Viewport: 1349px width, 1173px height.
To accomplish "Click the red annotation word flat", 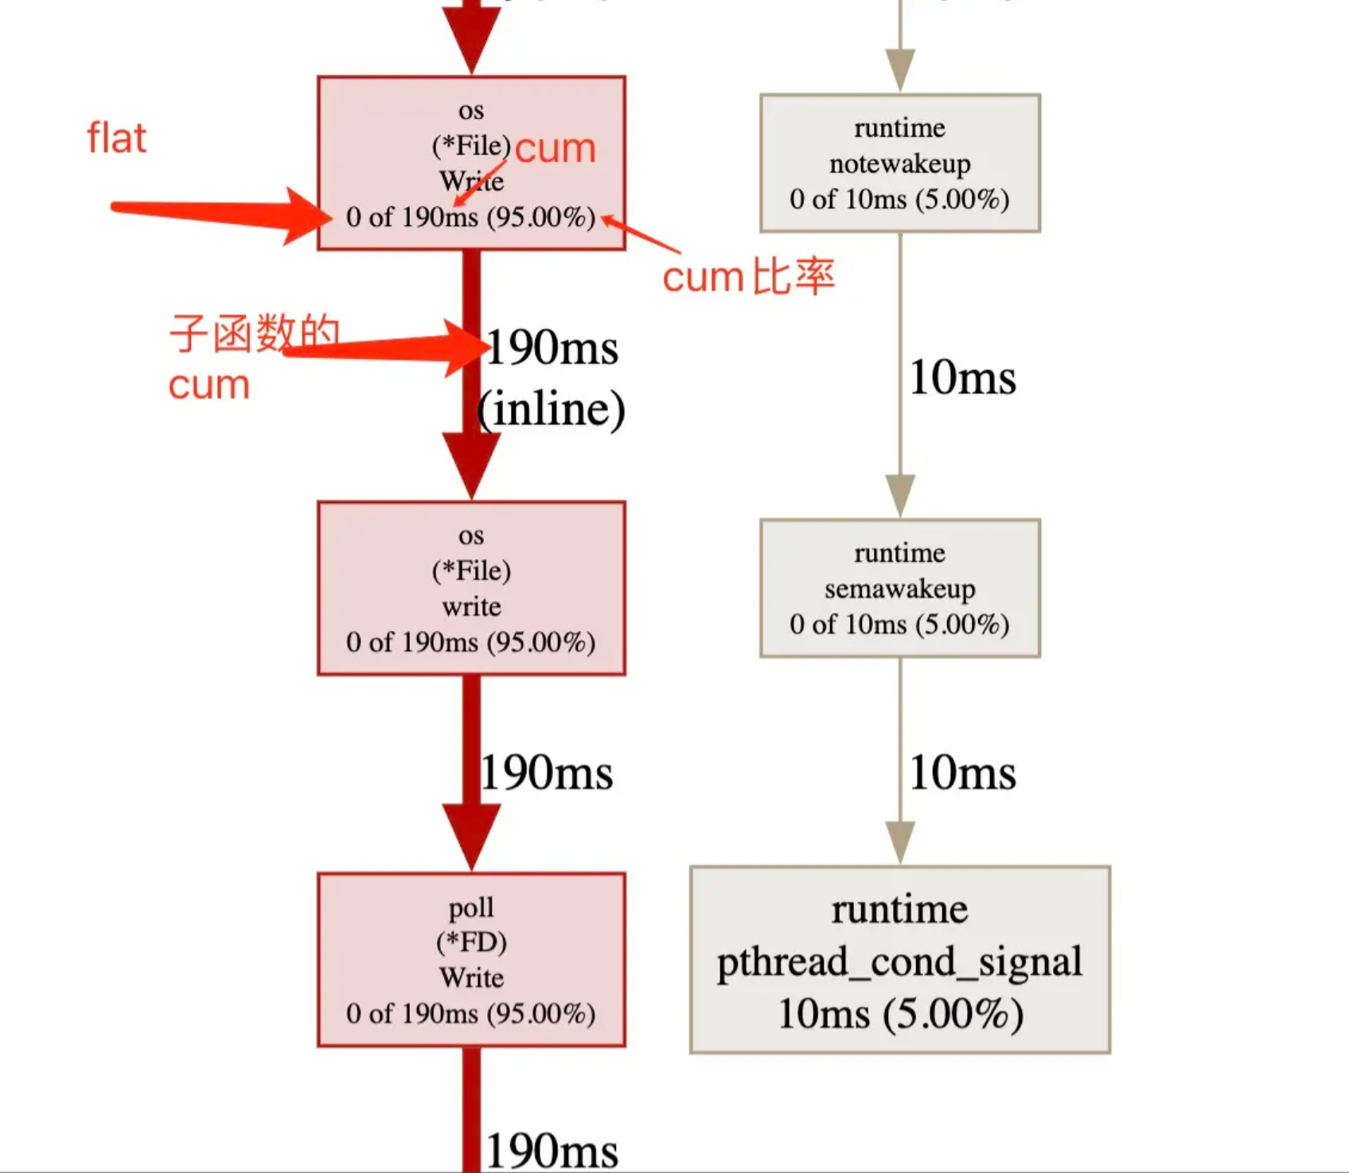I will point(116,138).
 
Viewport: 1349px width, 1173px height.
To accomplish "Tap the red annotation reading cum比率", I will point(748,277).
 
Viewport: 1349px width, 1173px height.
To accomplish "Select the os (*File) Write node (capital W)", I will point(471,163).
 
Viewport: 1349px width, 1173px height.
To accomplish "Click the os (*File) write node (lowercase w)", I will point(471,588).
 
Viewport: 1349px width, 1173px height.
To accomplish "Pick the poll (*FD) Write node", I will point(471,960).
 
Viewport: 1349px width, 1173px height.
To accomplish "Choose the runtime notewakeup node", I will point(900,163).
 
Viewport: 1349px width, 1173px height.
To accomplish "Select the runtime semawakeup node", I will point(900,588).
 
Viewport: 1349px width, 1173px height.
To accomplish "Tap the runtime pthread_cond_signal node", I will point(900,960).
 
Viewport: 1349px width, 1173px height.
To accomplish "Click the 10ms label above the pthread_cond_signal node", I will point(962,773).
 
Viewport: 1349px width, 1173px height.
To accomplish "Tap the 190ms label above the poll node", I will point(547,773).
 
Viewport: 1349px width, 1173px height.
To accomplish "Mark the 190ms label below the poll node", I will point(552,1151).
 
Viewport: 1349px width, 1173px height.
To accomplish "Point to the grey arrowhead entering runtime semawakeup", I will point(900,495).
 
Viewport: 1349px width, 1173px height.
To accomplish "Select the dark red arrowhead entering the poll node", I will point(471,836).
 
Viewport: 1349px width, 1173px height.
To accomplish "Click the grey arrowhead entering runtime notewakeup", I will point(900,69).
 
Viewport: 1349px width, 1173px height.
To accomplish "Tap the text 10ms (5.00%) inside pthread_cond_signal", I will point(900,1014).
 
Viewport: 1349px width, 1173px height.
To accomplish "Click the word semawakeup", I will point(900,589).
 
